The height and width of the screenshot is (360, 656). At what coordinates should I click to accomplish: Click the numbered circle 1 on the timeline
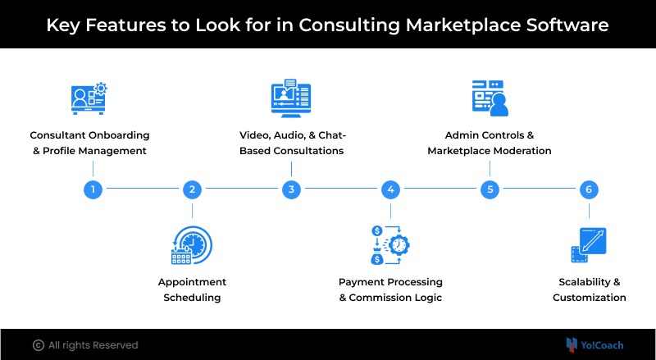tap(93, 189)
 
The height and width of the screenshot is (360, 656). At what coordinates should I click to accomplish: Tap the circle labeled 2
tap(192, 189)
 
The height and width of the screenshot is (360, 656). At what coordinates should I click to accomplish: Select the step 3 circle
tap(291, 189)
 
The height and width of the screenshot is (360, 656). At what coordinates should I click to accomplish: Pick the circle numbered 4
tap(390, 189)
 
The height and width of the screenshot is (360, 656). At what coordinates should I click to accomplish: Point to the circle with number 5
tap(490, 189)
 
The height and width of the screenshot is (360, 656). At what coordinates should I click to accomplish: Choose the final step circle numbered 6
tap(588, 189)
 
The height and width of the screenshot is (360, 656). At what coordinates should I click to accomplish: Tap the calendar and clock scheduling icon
tap(192, 245)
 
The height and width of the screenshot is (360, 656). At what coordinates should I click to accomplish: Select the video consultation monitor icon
tap(291, 98)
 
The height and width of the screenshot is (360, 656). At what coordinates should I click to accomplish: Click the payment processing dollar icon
tap(390, 245)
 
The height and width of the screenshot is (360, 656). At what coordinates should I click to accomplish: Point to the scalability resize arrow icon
tap(587, 245)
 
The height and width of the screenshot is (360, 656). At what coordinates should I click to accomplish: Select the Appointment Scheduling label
tap(192, 289)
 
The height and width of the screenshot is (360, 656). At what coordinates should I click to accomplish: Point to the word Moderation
tap(517, 151)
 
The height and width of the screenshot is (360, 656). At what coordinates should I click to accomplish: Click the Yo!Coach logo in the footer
tap(596, 344)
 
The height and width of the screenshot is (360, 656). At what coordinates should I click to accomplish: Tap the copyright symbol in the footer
tap(38, 345)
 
